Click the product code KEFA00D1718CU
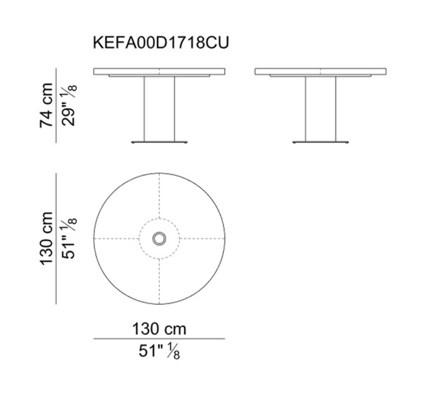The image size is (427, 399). coord(161,43)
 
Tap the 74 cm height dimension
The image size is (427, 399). coord(46,105)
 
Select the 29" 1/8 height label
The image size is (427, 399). coord(69,105)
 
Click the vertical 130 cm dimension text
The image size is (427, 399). coord(46,239)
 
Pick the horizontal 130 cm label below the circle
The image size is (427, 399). coord(159,329)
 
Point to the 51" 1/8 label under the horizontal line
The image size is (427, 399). coord(159,352)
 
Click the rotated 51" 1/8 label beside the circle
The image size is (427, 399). coord(69,239)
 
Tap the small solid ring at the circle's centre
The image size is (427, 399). coord(159,239)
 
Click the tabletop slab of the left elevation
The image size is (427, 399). coord(159,71)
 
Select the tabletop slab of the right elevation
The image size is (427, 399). coord(321,71)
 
